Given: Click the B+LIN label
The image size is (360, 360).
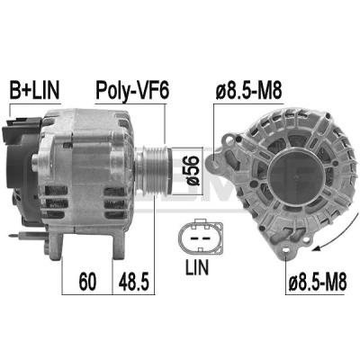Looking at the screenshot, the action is tap(34, 90).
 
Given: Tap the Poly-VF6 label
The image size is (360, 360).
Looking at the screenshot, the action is tap(132, 90).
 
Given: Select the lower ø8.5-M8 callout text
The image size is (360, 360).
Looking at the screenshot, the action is tap(318, 282).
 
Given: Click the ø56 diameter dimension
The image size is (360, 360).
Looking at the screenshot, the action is tap(192, 170).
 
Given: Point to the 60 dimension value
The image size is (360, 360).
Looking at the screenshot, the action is tap(87, 282).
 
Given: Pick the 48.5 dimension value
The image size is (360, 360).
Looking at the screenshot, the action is tap(134, 282).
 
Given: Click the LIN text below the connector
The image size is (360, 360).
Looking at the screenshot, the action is tap(197, 267).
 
